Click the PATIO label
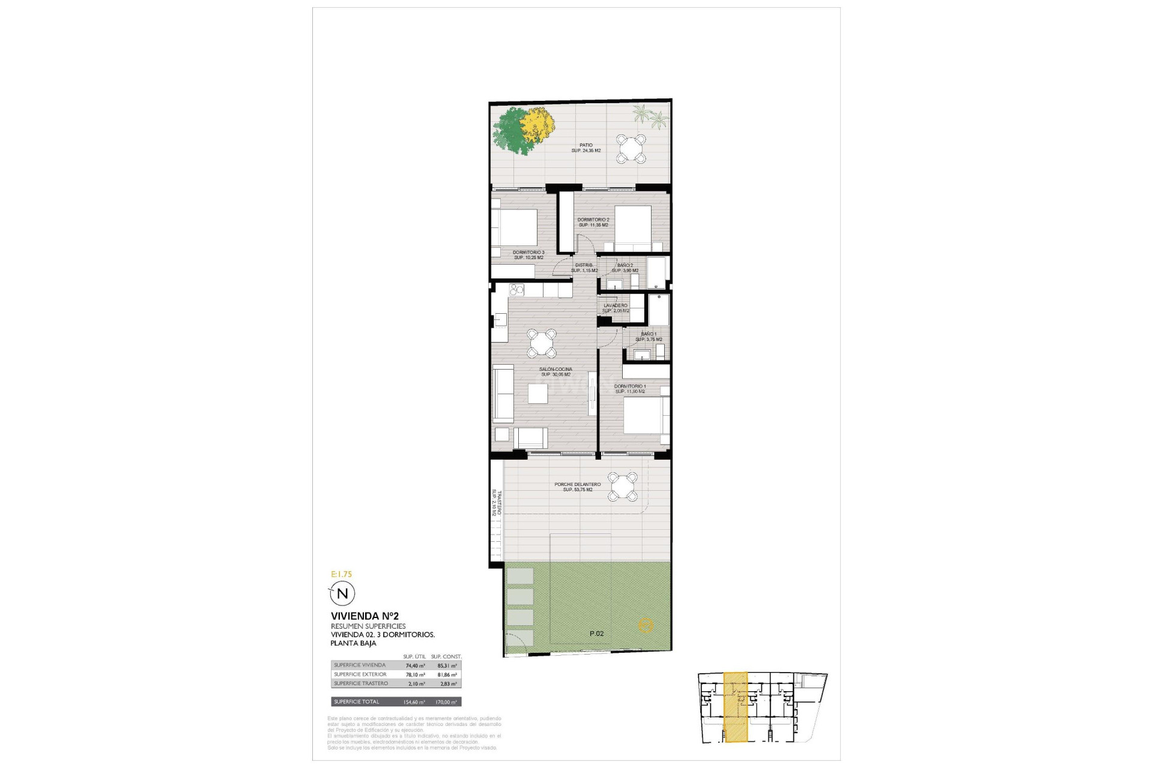click(x=586, y=145)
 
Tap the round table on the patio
click(x=631, y=148)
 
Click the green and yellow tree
click(x=522, y=131)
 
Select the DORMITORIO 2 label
click(x=593, y=220)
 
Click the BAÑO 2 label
click(x=625, y=265)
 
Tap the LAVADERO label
click(x=616, y=305)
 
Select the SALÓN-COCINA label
click(x=555, y=369)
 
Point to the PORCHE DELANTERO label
click(x=577, y=484)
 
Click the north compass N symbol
click(x=343, y=594)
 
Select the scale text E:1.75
click(x=341, y=574)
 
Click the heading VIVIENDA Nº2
click(x=365, y=616)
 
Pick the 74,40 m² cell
click(x=415, y=665)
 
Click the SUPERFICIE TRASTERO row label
click(x=361, y=683)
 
